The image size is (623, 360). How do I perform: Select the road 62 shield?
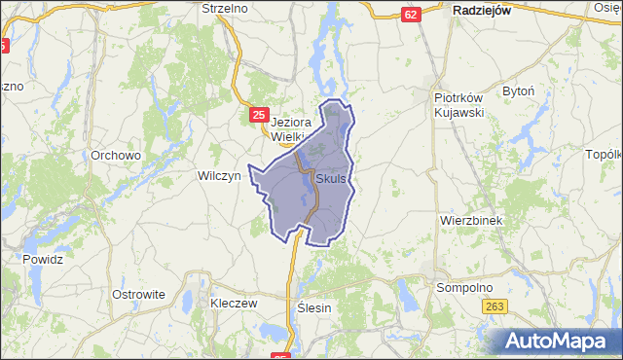tap(411, 14)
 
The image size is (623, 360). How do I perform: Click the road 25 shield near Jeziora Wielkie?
tap(258, 115)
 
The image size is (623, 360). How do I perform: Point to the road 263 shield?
tap(495, 306)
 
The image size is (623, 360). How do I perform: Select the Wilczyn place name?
tap(218, 176)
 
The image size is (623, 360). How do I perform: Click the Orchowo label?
tap(116, 155)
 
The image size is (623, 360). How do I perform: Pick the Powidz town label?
tap(43, 260)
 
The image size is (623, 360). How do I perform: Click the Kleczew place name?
tap(233, 303)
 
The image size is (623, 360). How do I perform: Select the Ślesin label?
tap(312, 307)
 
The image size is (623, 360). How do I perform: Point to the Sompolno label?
tap(464, 288)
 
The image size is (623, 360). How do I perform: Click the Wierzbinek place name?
tap(470, 221)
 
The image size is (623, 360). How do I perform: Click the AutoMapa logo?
tap(559, 341)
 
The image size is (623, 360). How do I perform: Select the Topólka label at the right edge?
tap(604, 155)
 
